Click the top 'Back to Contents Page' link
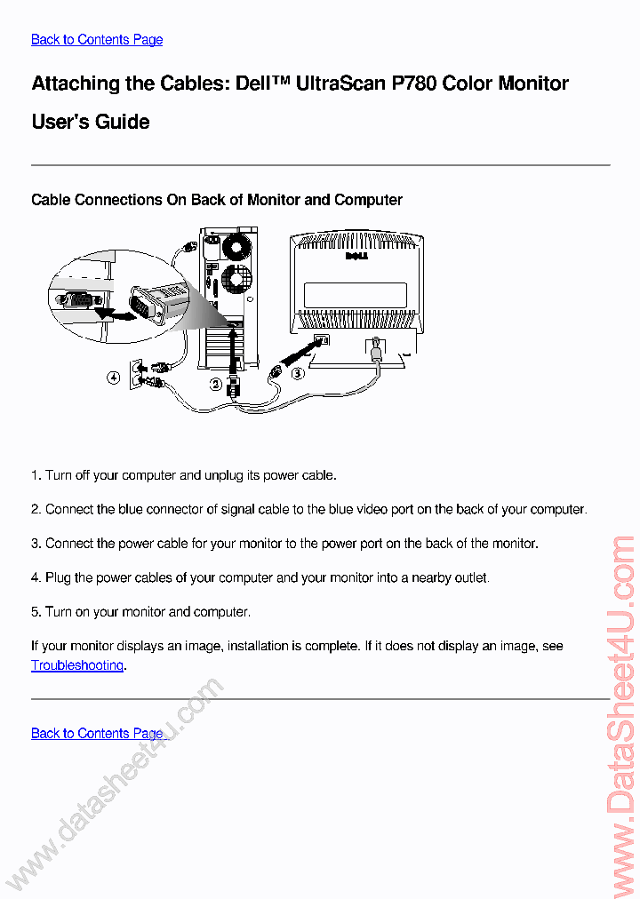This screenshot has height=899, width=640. pyautogui.click(x=97, y=39)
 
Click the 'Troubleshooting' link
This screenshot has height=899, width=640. pyautogui.click(x=77, y=665)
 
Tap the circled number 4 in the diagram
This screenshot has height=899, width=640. pyautogui.click(x=114, y=378)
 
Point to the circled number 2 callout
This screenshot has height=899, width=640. pyautogui.click(x=215, y=384)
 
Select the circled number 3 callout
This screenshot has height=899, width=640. pyautogui.click(x=299, y=375)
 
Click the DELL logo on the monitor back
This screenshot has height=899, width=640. pyautogui.click(x=356, y=259)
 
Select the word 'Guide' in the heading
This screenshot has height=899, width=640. pyautogui.click(x=123, y=122)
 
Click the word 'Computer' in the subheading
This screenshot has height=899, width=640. pyautogui.click(x=368, y=200)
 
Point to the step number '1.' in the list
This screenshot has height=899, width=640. pyautogui.click(x=36, y=475)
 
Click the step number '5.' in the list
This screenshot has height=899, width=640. pyautogui.click(x=36, y=612)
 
